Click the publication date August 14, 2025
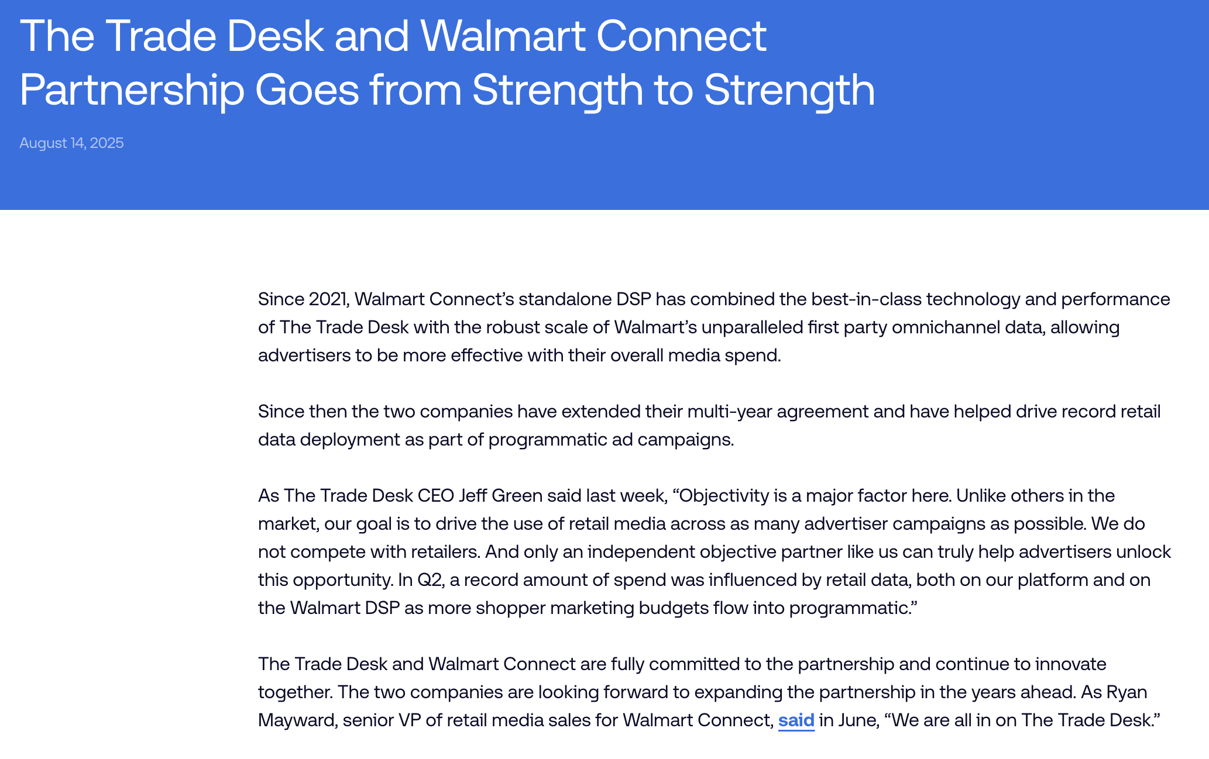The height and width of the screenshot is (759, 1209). [71, 143]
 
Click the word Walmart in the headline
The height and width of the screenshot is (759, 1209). [502, 36]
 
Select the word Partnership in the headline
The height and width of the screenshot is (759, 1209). [132, 91]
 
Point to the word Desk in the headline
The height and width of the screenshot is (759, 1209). [274, 36]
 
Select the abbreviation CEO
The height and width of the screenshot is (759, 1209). [436, 495]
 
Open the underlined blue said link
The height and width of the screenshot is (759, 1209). [796, 720]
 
